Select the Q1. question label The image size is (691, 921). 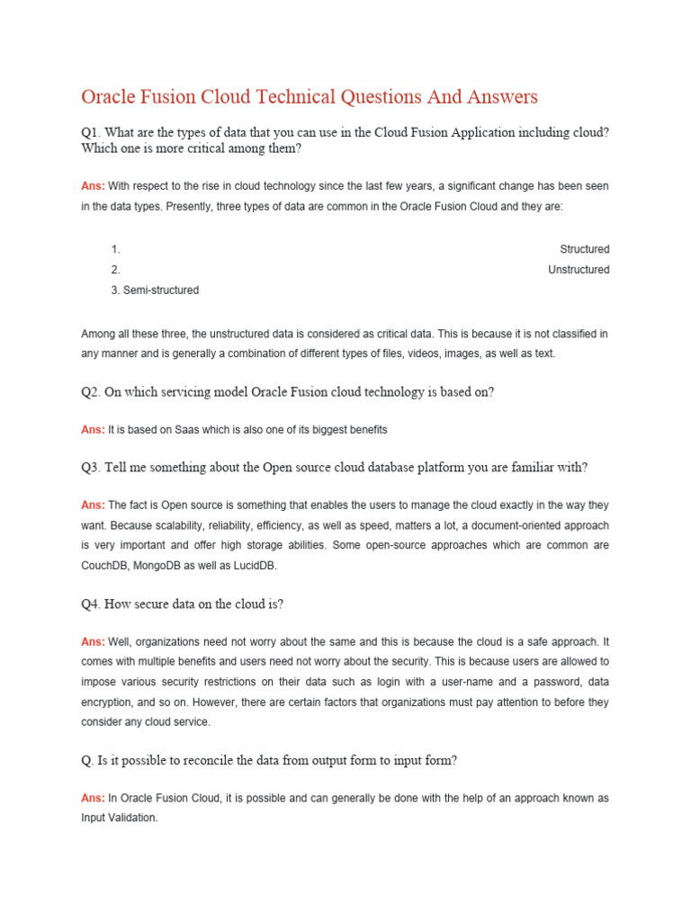pos(92,132)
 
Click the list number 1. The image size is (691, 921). pos(115,249)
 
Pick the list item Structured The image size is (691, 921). pos(584,249)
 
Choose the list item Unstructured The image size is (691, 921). pos(578,270)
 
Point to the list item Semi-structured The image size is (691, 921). pos(160,291)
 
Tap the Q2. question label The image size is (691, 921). pos(92,391)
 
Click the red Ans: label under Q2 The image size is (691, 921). pos(93,430)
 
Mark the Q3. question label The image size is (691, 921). pos(92,468)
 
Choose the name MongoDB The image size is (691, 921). pos(177,565)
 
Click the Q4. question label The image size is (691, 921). pos(92,604)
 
